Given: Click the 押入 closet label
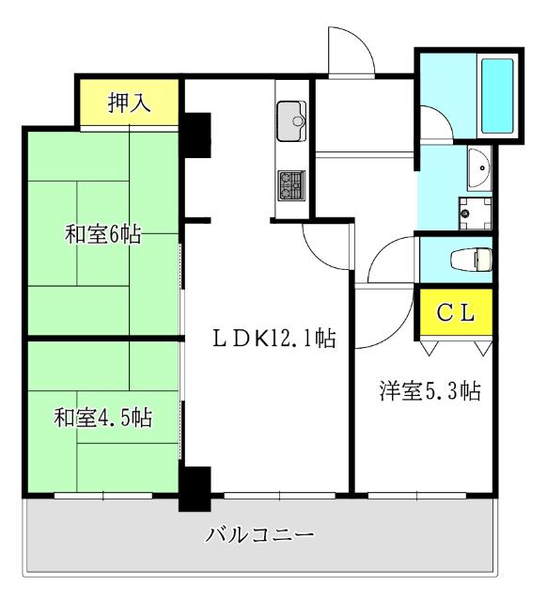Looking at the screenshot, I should tap(130, 101).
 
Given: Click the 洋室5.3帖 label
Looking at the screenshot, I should tap(430, 390).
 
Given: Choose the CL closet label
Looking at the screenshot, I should tap(456, 313).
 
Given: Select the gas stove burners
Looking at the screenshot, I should tap(290, 184).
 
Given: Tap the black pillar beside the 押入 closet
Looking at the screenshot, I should tap(196, 135).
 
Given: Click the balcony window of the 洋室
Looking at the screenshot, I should tap(416, 494).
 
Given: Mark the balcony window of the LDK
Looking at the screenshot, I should tap(279, 494).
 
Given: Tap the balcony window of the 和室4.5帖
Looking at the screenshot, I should tap(102, 494).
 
